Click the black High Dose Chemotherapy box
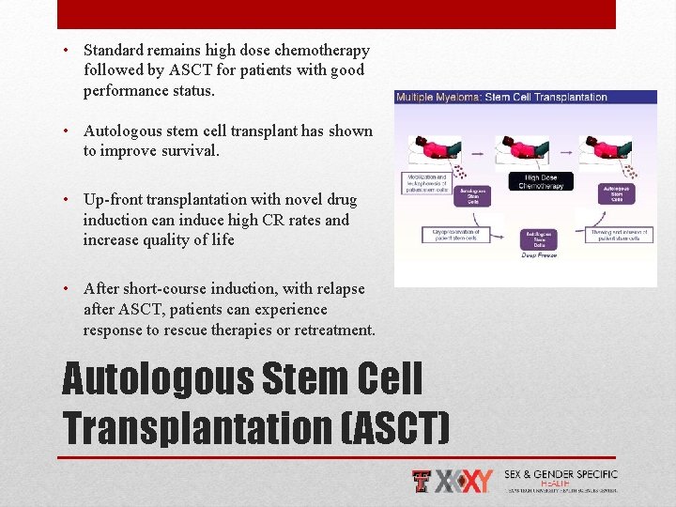pos(539,181)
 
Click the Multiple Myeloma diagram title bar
pos(525,97)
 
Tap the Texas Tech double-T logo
pos(423,481)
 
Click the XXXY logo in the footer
pos(467,481)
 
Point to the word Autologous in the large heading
pos(159,380)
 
